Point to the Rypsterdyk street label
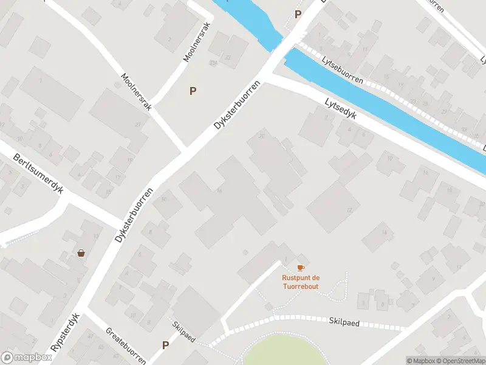click(66, 333)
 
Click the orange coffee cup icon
click(300, 268)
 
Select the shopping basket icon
click(81, 253)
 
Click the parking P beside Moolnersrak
click(193, 91)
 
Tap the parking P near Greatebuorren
click(165, 345)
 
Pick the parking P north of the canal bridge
click(298, 14)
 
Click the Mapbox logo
click(26, 358)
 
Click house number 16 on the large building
click(219, 192)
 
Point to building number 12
click(349, 210)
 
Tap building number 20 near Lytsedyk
click(262, 135)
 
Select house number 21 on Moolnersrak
click(138, 125)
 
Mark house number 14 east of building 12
click(383, 232)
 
